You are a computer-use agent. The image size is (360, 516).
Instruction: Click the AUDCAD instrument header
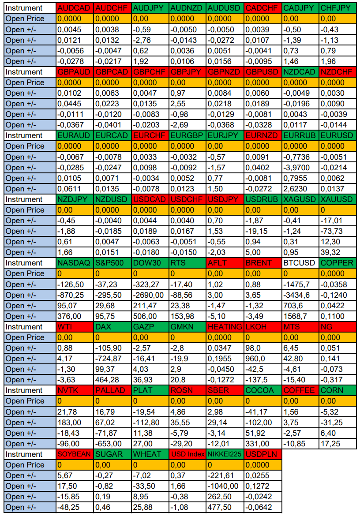pyautogui.click(x=75, y=8)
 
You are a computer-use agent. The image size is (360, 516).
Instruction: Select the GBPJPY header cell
pyautogui.click(x=187, y=72)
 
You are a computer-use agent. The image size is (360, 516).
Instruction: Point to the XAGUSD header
pyautogui.click(x=300, y=199)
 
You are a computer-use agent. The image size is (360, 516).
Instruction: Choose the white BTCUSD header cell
pyautogui.click(x=300, y=263)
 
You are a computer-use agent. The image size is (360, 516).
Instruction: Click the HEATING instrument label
pyautogui.click(x=225, y=327)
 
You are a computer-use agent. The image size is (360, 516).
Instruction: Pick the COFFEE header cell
pyautogui.click(x=300, y=390)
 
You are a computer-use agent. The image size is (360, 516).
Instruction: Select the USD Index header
pyautogui.click(x=187, y=454)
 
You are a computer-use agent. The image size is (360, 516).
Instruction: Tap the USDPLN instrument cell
pyautogui.click(x=262, y=454)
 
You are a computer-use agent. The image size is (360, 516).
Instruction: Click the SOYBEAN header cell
pyautogui.click(x=75, y=454)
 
